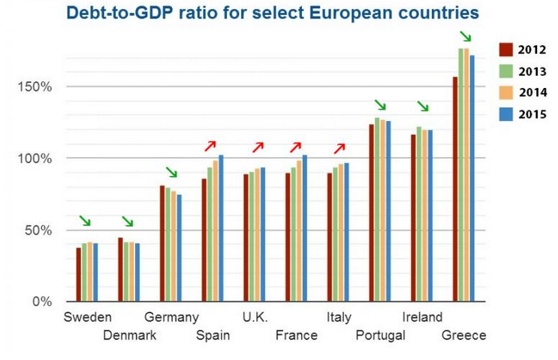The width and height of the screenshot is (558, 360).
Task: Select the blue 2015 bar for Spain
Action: [x=221, y=228]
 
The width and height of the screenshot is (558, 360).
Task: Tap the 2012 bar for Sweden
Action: [x=79, y=274]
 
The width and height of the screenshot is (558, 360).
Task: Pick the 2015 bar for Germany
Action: [x=179, y=248]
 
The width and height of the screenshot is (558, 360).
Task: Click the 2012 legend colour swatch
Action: [x=505, y=50]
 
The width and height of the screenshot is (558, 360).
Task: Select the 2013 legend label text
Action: [x=532, y=71]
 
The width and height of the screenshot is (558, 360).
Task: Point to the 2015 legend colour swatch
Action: [x=505, y=115]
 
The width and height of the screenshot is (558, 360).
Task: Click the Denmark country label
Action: [x=129, y=335]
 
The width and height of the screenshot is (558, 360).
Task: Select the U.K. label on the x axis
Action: [x=255, y=317]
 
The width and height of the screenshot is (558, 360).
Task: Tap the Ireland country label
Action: [x=422, y=317]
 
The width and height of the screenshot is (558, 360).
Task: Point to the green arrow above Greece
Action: [x=467, y=36]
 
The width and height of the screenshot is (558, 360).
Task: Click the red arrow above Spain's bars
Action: [x=210, y=145]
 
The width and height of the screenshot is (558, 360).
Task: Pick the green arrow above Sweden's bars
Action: [x=85, y=221]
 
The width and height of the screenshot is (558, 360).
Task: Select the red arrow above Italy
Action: [x=339, y=148]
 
